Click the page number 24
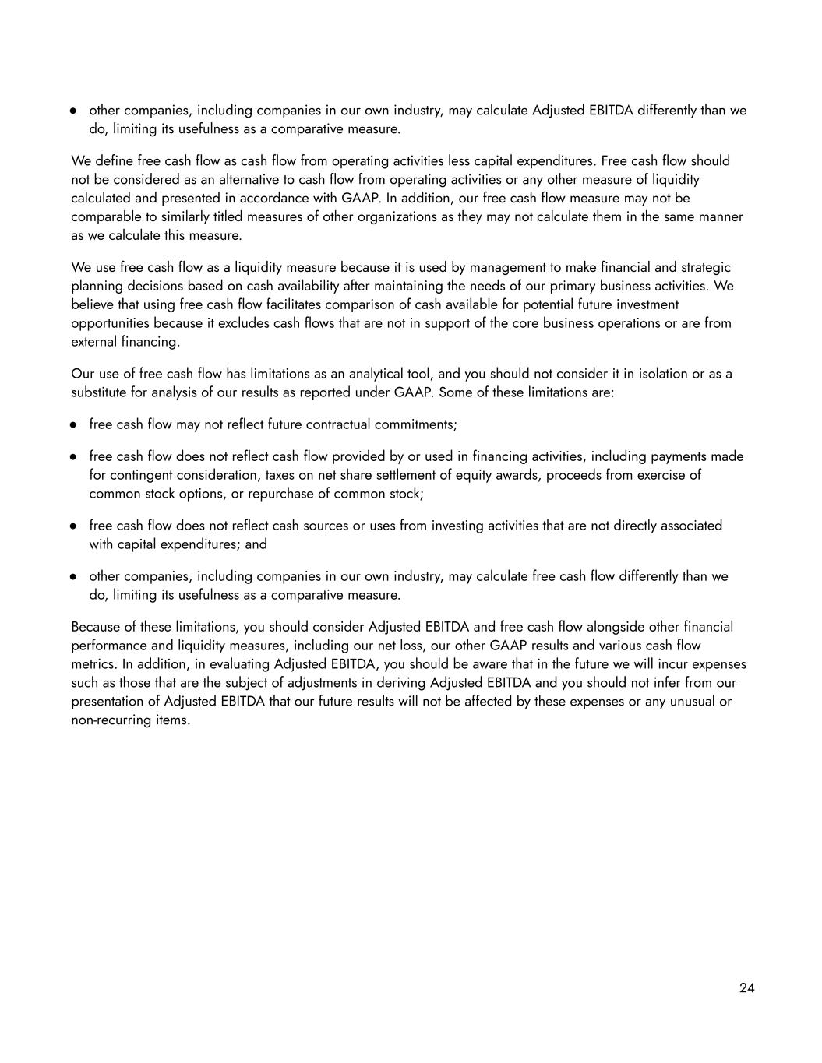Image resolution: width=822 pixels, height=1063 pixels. click(x=746, y=987)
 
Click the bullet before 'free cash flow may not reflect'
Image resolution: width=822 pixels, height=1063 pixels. click(x=73, y=425)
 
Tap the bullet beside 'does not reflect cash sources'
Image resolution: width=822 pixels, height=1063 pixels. click(x=73, y=526)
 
